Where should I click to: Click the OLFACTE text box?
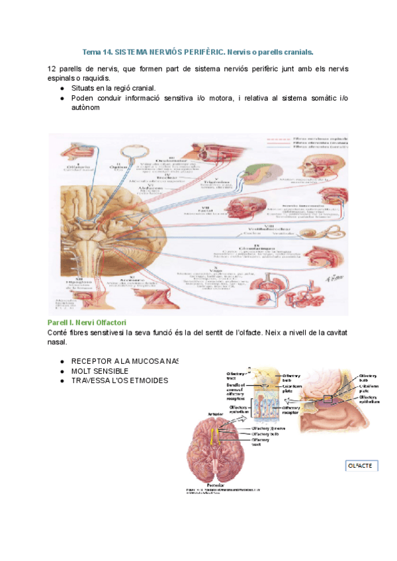[360, 466]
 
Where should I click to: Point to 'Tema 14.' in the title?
[97, 52]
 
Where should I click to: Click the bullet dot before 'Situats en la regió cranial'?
[62, 88]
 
